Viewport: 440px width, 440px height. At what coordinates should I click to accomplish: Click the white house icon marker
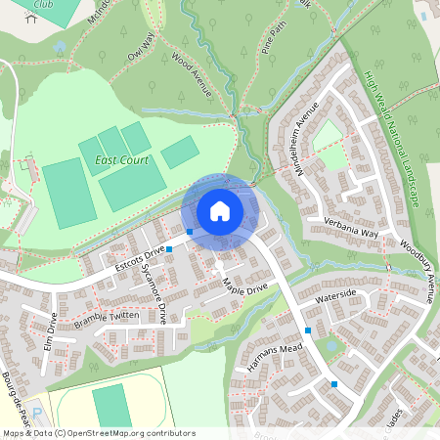click(220, 211)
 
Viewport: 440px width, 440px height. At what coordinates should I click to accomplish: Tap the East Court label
click(115, 159)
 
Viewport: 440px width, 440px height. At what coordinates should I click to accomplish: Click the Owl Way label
click(141, 46)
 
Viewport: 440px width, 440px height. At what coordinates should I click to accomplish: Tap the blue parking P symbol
click(36, 415)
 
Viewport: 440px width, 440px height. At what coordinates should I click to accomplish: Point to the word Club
click(42, 4)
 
